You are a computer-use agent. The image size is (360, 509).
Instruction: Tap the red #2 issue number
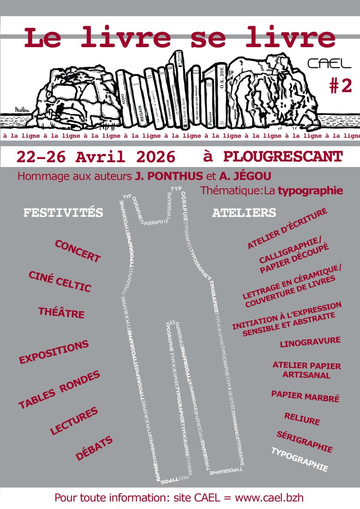[x=341, y=86]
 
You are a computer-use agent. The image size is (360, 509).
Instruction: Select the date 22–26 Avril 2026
[x=96, y=157]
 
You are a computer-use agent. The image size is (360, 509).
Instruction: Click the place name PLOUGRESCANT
[x=283, y=156]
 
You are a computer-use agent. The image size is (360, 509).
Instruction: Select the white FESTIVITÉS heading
[x=63, y=213]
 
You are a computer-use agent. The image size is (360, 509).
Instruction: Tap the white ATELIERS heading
[x=244, y=213]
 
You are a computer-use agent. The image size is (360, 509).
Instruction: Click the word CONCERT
[x=78, y=251]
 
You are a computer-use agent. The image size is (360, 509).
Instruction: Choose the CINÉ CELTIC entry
[x=60, y=281]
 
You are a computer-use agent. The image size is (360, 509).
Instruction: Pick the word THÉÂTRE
[x=61, y=312]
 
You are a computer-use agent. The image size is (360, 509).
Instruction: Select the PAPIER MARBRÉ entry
[x=305, y=396]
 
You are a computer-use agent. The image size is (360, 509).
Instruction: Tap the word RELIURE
[x=302, y=419]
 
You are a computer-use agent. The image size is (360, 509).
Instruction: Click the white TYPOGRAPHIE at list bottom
[x=300, y=459]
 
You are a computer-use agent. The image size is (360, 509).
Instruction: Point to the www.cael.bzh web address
[x=270, y=498]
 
